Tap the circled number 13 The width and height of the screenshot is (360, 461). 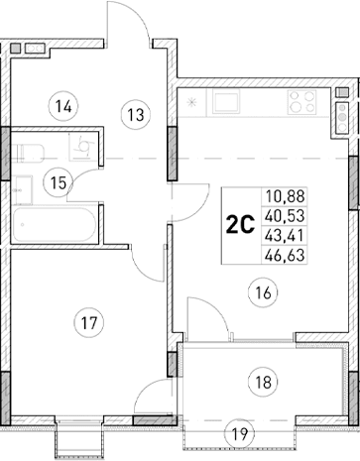[135, 113]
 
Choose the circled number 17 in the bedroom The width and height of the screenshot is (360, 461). [89, 321]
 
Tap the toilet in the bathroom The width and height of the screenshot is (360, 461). [31, 152]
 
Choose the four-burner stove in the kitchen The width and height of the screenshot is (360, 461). [300, 101]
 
